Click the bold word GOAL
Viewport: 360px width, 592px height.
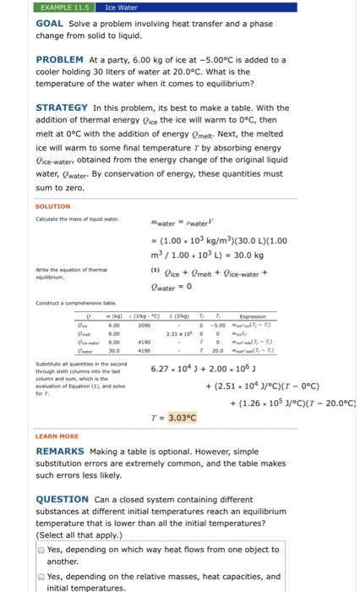click(x=52, y=25)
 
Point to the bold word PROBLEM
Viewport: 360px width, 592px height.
click(x=59, y=59)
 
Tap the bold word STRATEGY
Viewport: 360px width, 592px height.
click(x=62, y=107)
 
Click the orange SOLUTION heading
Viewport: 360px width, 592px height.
click(x=52, y=206)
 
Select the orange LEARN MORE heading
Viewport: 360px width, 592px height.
click(x=57, y=436)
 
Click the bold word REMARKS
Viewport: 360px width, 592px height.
click(x=59, y=452)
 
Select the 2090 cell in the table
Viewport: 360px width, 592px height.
click(x=144, y=326)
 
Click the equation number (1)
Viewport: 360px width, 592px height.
click(x=153, y=271)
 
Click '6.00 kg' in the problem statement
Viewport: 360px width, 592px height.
click(x=129, y=59)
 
